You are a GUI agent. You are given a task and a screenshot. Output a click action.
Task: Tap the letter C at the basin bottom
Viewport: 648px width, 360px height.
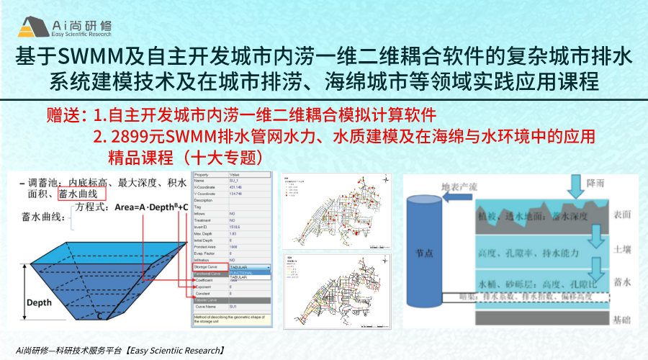[x=102, y=314]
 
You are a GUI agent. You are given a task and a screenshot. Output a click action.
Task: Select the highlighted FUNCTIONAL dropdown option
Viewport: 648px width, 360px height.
[x=248, y=272]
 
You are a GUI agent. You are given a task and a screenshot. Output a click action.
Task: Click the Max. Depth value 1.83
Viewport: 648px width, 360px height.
[x=233, y=233]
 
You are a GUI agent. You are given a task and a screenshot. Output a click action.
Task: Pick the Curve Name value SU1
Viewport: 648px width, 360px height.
[x=233, y=307]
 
